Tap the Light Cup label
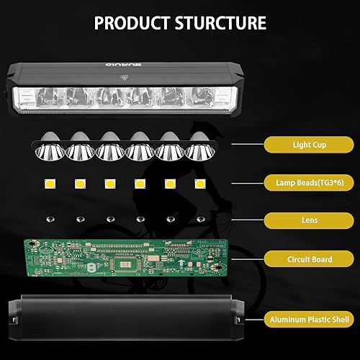(x=309, y=145)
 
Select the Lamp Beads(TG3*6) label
(x=309, y=182)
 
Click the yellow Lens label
(x=309, y=219)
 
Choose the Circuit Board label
(x=309, y=257)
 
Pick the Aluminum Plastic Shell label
(x=309, y=318)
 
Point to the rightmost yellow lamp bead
(x=198, y=183)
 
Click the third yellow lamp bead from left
(x=109, y=183)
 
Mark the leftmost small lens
(x=49, y=219)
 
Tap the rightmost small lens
(x=199, y=219)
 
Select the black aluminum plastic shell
(x=122, y=319)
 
